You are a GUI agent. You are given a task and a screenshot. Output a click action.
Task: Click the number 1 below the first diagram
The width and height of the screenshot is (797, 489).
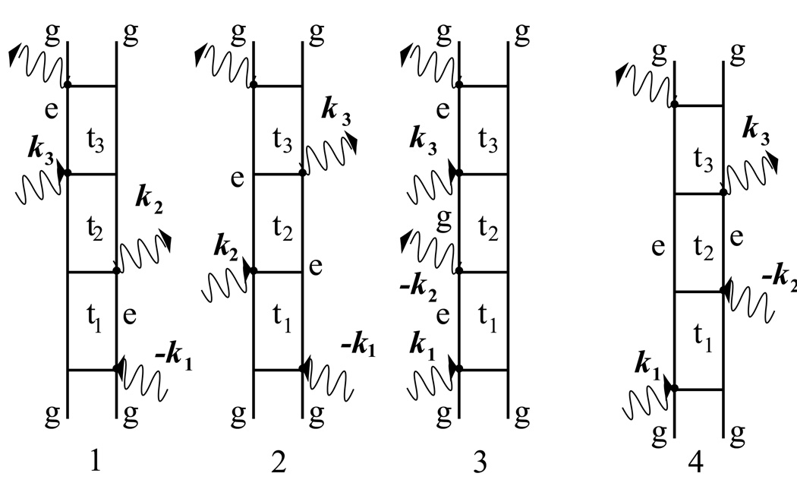[93, 462]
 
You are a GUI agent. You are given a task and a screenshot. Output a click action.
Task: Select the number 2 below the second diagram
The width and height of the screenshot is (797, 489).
[278, 462]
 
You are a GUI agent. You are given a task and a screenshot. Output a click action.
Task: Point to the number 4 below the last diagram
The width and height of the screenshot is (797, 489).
[698, 461]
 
